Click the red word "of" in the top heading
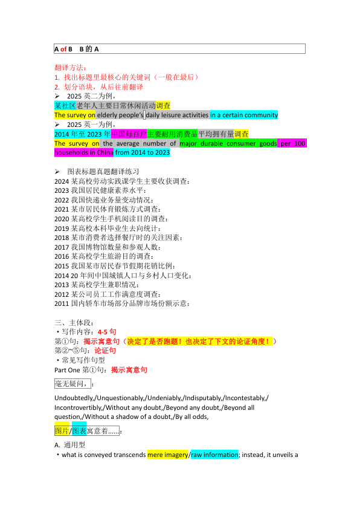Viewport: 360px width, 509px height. [63, 49]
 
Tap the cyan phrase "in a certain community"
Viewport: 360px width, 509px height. [243, 115]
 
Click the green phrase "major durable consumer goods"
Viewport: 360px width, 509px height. [228, 144]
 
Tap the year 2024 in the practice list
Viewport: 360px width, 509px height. [62, 181]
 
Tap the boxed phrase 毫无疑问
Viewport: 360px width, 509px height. [71, 383]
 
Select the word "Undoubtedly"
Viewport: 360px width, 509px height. [74, 398]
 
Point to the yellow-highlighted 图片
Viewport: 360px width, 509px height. [62, 431]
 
